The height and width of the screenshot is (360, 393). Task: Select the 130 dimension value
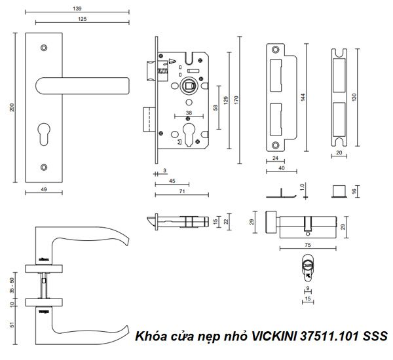(x=354, y=96)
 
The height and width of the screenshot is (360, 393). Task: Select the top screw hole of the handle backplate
(x=44, y=48)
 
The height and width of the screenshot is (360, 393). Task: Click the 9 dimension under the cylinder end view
(x=307, y=287)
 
